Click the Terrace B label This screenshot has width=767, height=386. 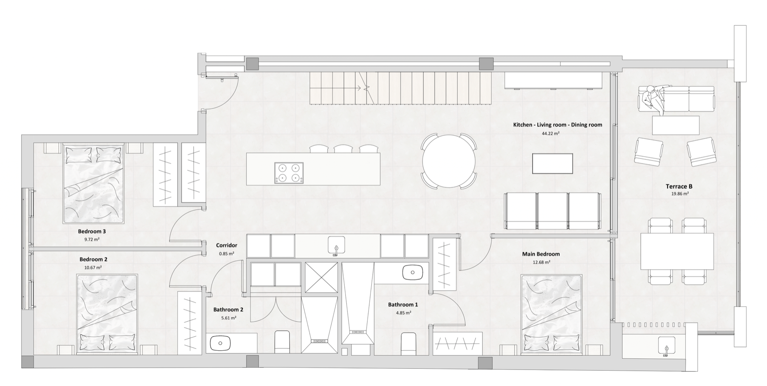pyautogui.click(x=679, y=187)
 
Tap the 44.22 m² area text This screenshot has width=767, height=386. pyautogui.click(x=550, y=134)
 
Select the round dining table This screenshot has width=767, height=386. pyautogui.click(x=449, y=161)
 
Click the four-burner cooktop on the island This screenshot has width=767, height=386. pyautogui.click(x=289, y=173)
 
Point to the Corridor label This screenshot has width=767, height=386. pyautogui.click(x=226, y=245)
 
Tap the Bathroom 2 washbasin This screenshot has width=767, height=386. pyautogui.click(x=220, y=343)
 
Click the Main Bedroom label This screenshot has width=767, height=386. pyautogui.click(x=541, y=254)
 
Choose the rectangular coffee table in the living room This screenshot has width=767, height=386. pyautogui.click(x=552, y=164)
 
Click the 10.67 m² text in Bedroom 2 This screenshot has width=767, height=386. pyautogui.click(x=93, y=268)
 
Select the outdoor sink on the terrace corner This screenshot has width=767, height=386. pyautogui.click(x=667, y=345)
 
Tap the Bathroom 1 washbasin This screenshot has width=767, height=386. pyautogui.click(x=412, y=273)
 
